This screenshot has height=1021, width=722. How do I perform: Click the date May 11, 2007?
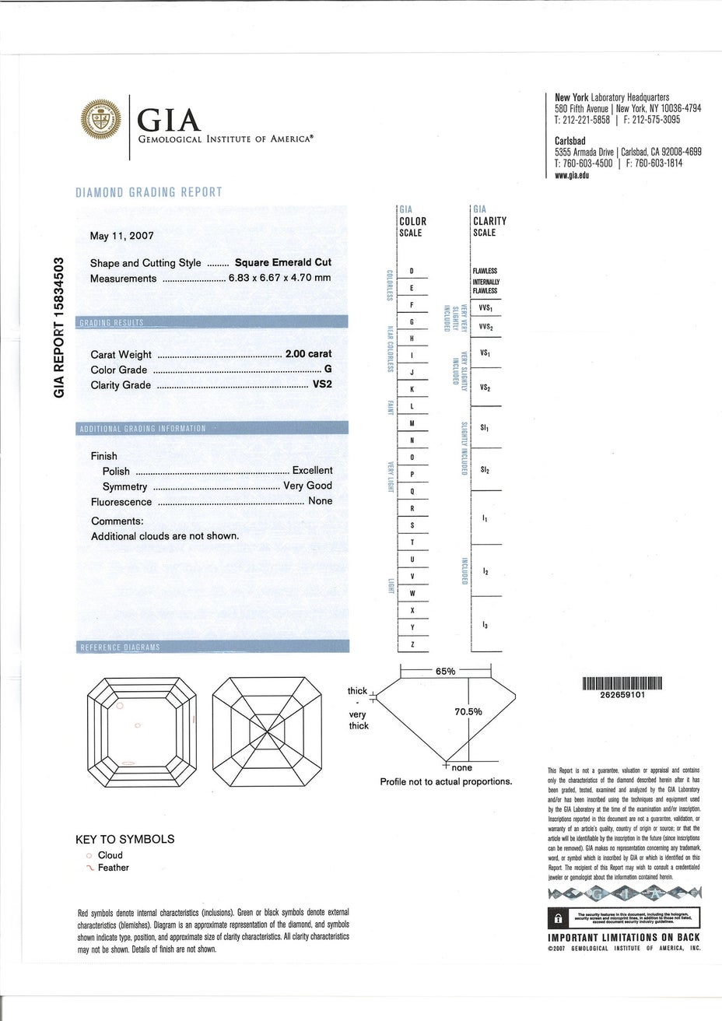(122, 236)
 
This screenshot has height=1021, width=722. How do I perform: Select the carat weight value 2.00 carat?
(309, 354)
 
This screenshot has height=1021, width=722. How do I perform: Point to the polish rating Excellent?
(312, 471)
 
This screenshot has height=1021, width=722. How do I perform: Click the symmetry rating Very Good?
(307, 486)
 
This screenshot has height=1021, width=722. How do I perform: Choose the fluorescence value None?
(320, 501)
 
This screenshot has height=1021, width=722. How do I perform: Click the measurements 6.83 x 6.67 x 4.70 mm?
(279, 279)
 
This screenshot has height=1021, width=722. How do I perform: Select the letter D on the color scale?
(411, 271)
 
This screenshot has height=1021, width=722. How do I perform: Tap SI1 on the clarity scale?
(485, 428)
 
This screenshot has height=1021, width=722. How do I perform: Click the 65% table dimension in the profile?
(446, 671)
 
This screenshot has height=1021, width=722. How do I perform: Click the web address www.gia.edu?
(572, 176)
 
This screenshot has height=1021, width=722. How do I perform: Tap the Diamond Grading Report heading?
(149, 192)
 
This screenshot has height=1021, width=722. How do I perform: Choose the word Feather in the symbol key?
(114, 868)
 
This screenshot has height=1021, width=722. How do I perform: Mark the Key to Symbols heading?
(124, 839)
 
